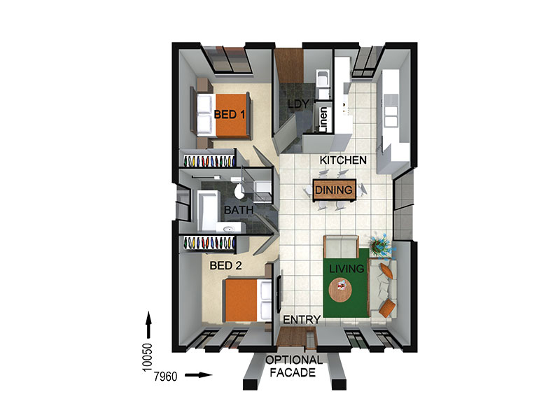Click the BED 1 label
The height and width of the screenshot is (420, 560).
(x=230, y=115)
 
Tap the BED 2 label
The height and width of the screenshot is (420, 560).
(x=225, y=265)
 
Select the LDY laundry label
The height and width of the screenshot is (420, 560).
(x=298, y=104)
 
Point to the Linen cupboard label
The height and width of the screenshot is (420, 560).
(x=323, y=120)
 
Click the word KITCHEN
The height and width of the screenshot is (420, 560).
(x=343, y=160)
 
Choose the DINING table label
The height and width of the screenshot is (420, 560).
(x=334, y=190)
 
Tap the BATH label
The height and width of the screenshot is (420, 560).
(x=239, y=210)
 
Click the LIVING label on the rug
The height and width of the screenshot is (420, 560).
(x=346, y=269)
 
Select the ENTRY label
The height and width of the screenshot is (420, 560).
(x=302, y=320)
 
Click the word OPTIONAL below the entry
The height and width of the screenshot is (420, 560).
(x=294, y=360)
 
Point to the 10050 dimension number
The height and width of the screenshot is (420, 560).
(x=147, y=358)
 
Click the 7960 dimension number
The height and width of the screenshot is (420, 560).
(x=165, y=377)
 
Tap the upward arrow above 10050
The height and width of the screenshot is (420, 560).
(x=148, y=325)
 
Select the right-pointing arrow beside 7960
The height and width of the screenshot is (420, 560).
(x=199, y=375)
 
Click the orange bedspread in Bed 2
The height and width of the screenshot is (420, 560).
(x=241, y=300)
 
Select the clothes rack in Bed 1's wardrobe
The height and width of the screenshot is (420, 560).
(x=209, y=161)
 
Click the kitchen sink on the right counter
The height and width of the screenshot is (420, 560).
(x=391, y=116)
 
